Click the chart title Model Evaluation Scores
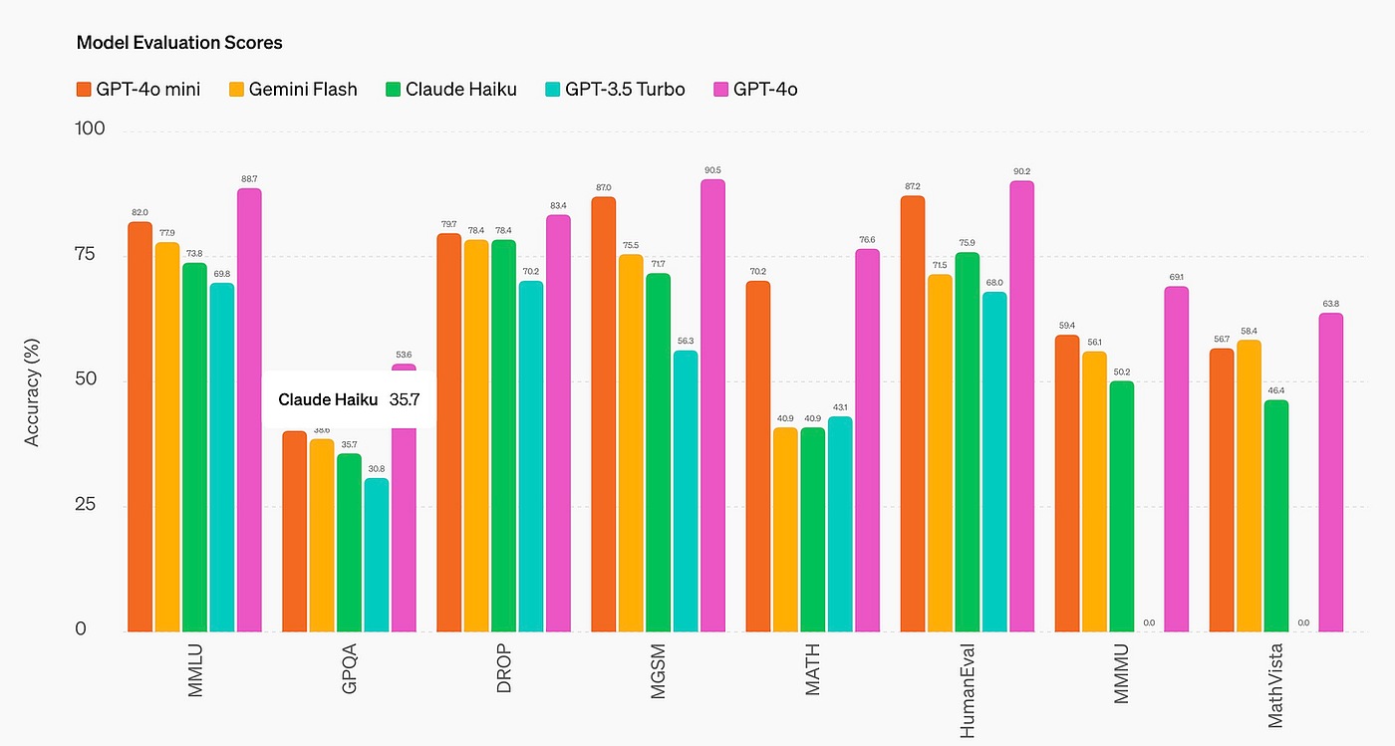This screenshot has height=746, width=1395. pyautogui.click(x=179, y=43)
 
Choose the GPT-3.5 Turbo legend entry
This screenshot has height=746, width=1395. pyautogui.click(x=612, y=90)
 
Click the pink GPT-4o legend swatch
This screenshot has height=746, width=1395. pyautogui.click(x=719, y=90)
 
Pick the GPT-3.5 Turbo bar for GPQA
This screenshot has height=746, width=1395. pyautogui.click(x=377, y=555)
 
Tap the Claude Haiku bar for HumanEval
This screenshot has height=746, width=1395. pyautogui.click(x=967, y=442)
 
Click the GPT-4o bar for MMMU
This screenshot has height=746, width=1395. pyautogui.click(x=1176, y=459)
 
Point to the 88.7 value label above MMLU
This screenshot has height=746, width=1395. pyautogui.click(x=249, y=178)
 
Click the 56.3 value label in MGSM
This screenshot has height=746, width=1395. pyautogui.click(x=686, y=341)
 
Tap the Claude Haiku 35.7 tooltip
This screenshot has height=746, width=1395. pyautogui.click(x=349, y=399)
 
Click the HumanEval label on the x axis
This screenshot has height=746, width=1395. pyautogui.click(x=967, y=688)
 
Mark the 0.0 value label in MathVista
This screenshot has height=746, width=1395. pyautogui.click(x=1303, y=622)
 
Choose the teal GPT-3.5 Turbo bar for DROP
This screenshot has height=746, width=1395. pyautogui.click(x=531, y=456)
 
